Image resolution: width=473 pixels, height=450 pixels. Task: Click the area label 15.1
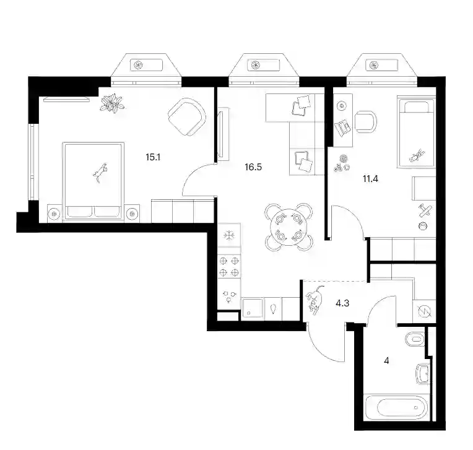click(x=153, y=157)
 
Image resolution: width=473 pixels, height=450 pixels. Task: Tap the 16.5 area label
click(x=253, y=167)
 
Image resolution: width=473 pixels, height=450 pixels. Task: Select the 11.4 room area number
click(x=370, y=179)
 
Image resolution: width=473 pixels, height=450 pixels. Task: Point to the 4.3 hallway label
click(x=342, y=303)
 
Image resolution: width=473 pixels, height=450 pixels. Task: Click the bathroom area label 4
click(x=387, y=361)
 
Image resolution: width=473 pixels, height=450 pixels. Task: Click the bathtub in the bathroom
click(x=397, y=407)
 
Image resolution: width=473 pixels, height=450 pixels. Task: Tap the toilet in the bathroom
click(x=415, y=339)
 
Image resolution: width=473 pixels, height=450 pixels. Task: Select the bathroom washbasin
click(x=422, y=374)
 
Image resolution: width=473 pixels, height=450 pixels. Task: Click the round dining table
click(x=289, y=227)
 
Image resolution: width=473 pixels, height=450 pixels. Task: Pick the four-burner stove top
click(x=229, y=266)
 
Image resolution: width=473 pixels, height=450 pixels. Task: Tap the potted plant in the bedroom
click(x=112, y=103)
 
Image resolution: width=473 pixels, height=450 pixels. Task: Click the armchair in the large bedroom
click(x=187, y=117)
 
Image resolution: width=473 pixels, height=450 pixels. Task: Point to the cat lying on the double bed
click(x=100, y=173)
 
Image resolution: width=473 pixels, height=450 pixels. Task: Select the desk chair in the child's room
click(x=366, y=121)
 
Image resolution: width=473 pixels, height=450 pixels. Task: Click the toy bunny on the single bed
click(x=417, y=155)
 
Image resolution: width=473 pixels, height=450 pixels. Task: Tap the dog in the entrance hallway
click(x=315, y=300)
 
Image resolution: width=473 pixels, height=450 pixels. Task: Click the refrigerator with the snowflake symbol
click(x=229, y=235)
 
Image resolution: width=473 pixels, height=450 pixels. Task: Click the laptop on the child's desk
click(x=343, y=127)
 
